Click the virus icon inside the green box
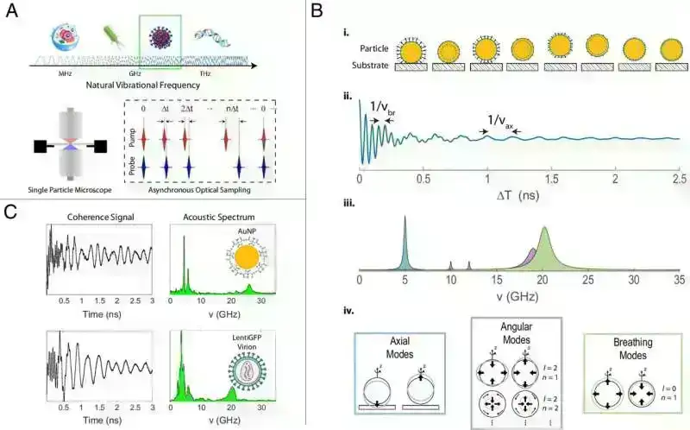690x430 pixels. [x=160, y=39]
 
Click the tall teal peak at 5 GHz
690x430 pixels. [x=404, y=242]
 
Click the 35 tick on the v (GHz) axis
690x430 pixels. [x=660, y=281]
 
